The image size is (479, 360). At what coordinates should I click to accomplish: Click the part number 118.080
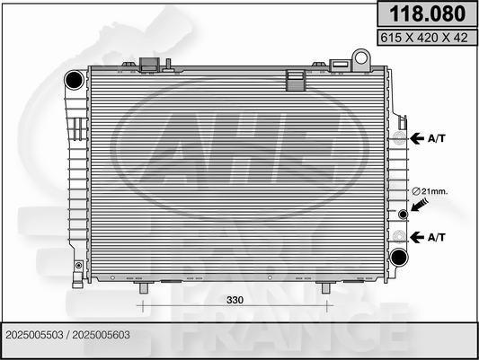click(x=427, y=14)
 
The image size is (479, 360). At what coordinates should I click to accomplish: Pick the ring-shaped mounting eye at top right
click(x=361, y=59)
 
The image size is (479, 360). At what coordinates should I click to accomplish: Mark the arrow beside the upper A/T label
click(x=419, y=138)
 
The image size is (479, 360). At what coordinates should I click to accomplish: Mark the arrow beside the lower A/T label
click(x=419, y=236)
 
